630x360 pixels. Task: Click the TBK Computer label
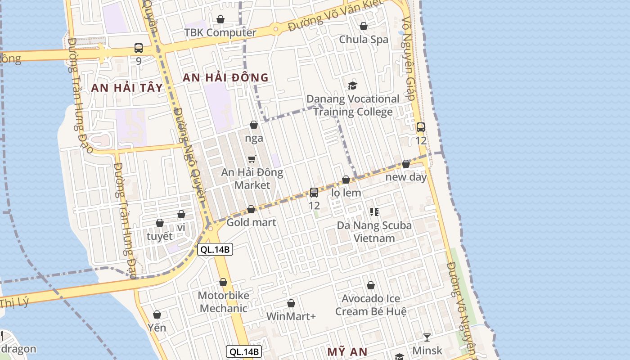pos(220,32)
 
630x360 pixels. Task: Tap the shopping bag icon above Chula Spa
pos(364,26)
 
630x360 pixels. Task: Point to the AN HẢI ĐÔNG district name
pos(225,77)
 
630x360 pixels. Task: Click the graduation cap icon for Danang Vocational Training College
pos(353,85)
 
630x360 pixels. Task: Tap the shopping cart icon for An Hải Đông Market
pos(252,159)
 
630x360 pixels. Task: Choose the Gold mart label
pos(251,222)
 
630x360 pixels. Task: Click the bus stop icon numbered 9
pos(139,48)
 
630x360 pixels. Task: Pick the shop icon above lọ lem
pos(346,180)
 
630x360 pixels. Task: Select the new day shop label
pos(406,177)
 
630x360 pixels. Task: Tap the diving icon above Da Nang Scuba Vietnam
pos(374,211)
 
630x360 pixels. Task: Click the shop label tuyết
pos(160,236)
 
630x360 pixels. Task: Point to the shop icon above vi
pos(181,214)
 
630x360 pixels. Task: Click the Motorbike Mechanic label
pos(223,302)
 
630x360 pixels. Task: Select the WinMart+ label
pos(291,316)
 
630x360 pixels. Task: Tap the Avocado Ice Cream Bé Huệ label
pos(371,305)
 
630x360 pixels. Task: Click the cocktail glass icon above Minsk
pos(427,337)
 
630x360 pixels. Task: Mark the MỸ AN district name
pos(347,351)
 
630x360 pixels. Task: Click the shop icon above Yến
pos(157,314)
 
